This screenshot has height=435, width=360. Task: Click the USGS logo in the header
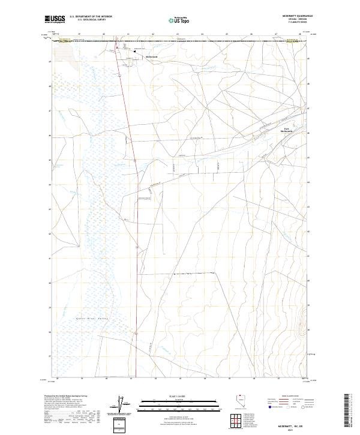click(x=55, y=19)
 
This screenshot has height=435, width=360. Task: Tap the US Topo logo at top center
click(x=179, y=20)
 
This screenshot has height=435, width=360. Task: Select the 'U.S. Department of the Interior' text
click(x=91, y=17)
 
